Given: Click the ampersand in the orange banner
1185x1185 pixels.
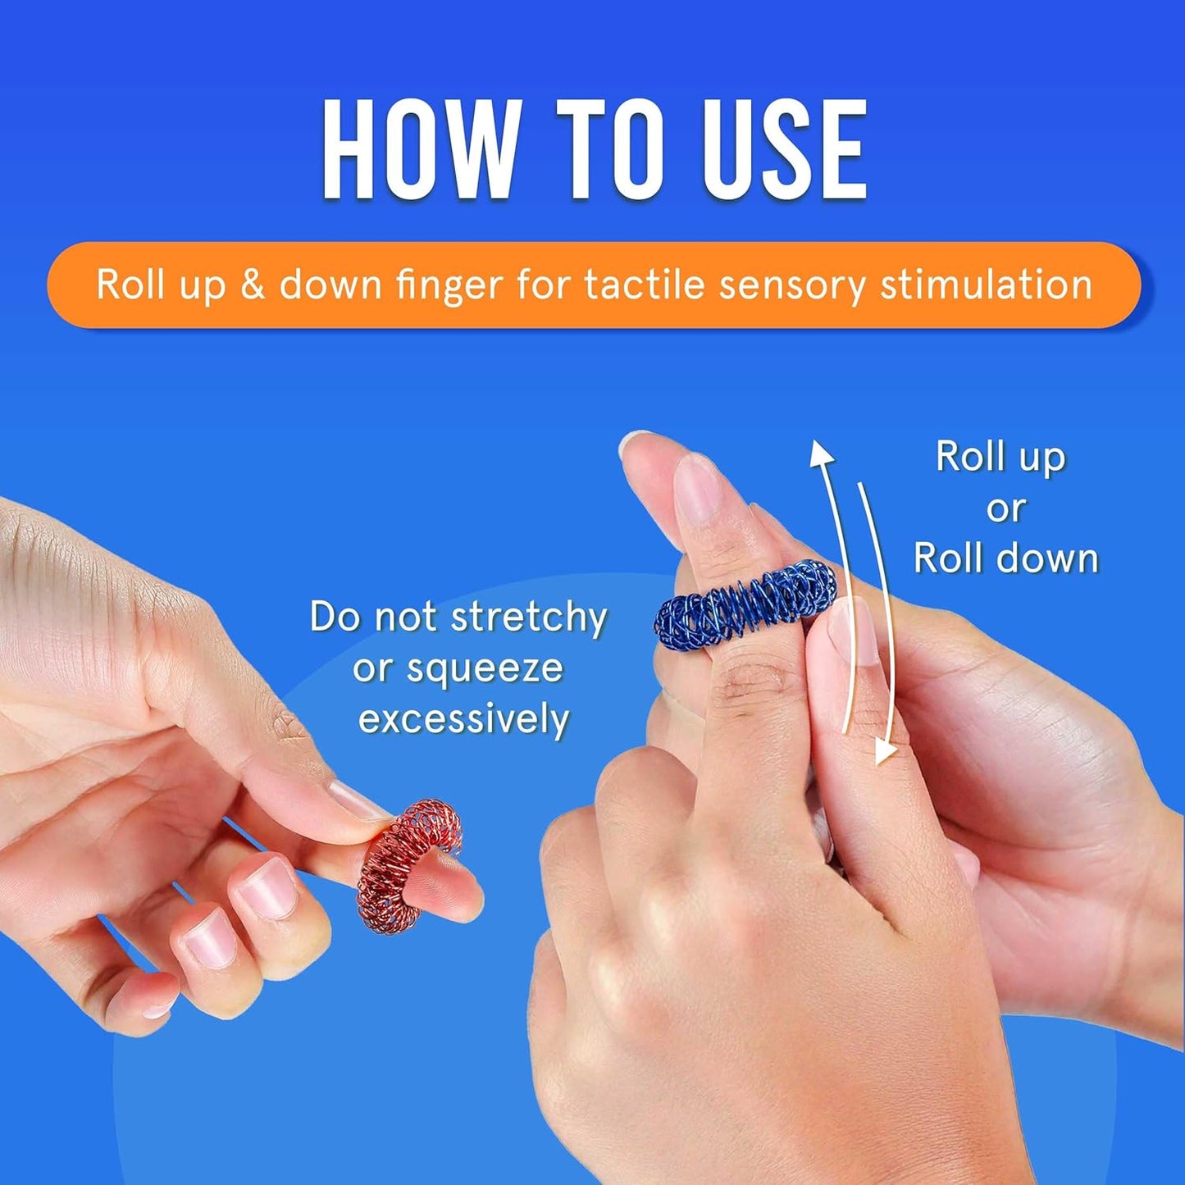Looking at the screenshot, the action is pyautogui.click(x=252, y=285).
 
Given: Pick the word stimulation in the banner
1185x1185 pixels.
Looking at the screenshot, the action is pyautogui.click(x=986, y=285).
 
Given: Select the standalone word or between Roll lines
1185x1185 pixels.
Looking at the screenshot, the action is pyautogui.click(x=1005, y=509).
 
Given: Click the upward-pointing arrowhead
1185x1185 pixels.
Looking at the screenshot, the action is pyautogui.click(x=822, y=455).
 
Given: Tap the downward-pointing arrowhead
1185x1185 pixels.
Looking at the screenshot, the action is pyautogui.click(x=884, y=751).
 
